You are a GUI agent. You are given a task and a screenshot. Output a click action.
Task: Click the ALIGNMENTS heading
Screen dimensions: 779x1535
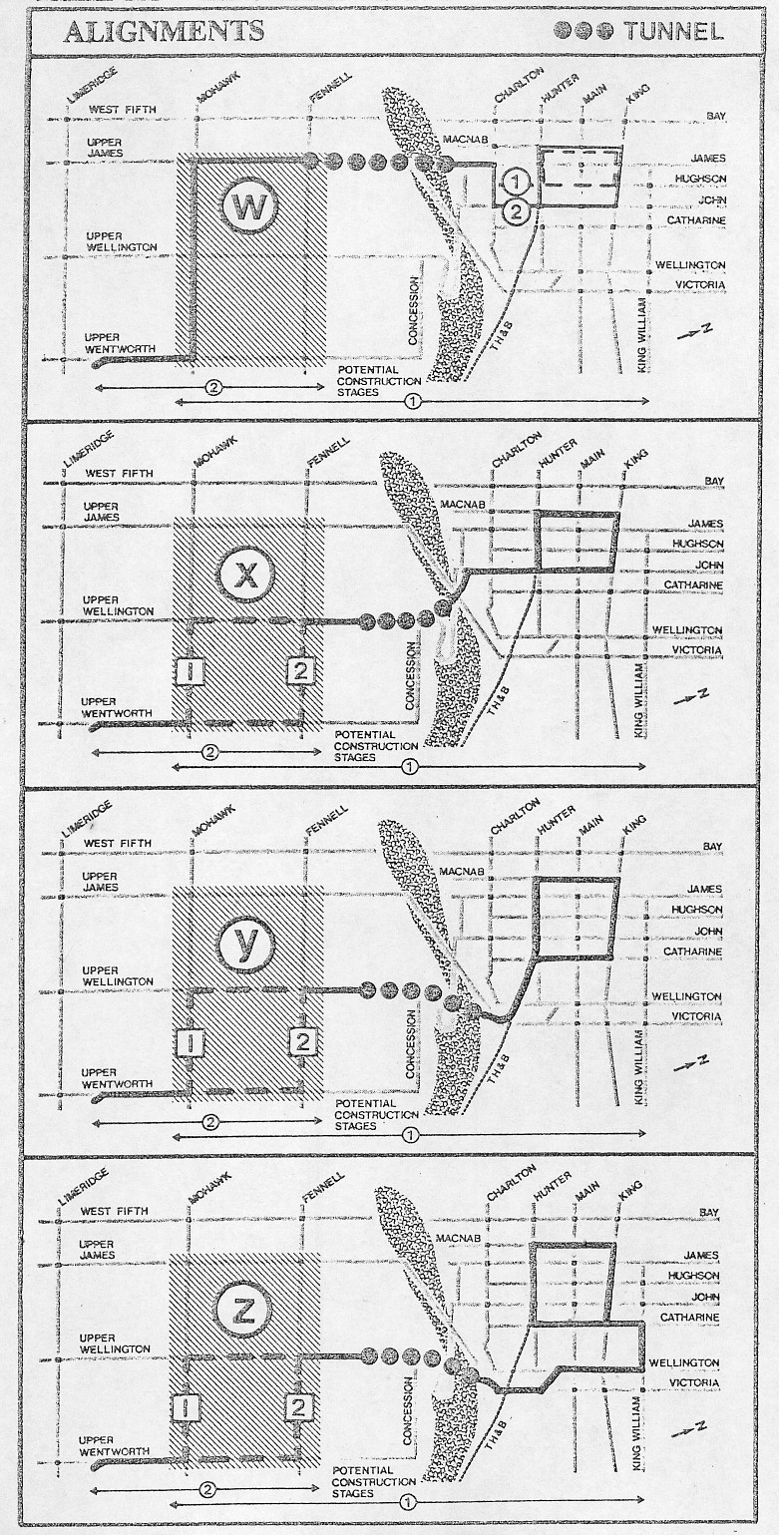163,31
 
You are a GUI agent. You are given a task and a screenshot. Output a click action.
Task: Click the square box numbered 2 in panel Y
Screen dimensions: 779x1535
301,1042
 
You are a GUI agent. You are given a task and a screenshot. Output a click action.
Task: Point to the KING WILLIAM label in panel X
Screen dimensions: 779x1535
640,699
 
